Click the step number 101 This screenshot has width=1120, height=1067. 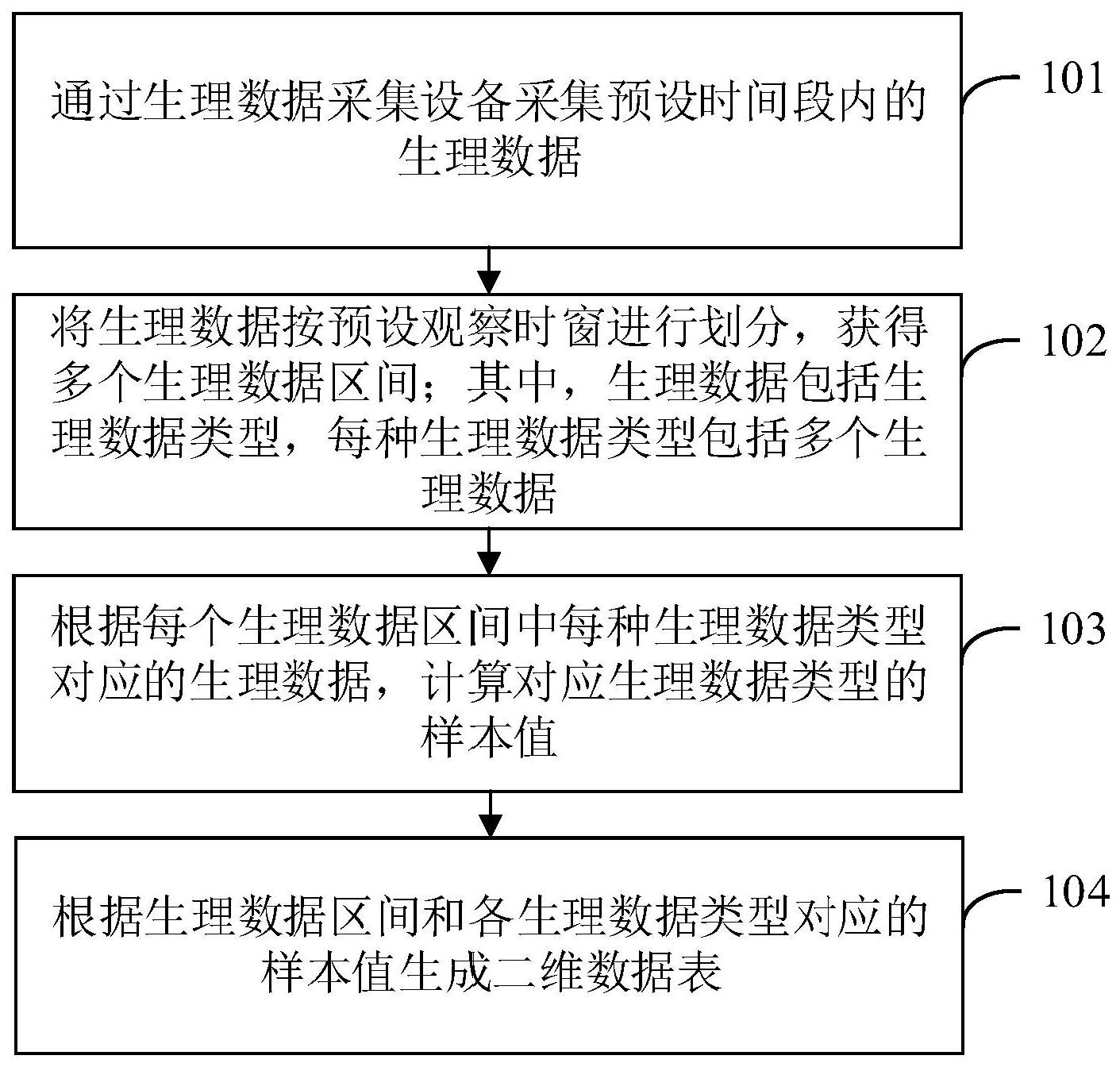click(1072, 79)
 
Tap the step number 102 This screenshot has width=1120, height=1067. click(1072, 342)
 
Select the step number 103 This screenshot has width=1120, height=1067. click(1072, 630)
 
